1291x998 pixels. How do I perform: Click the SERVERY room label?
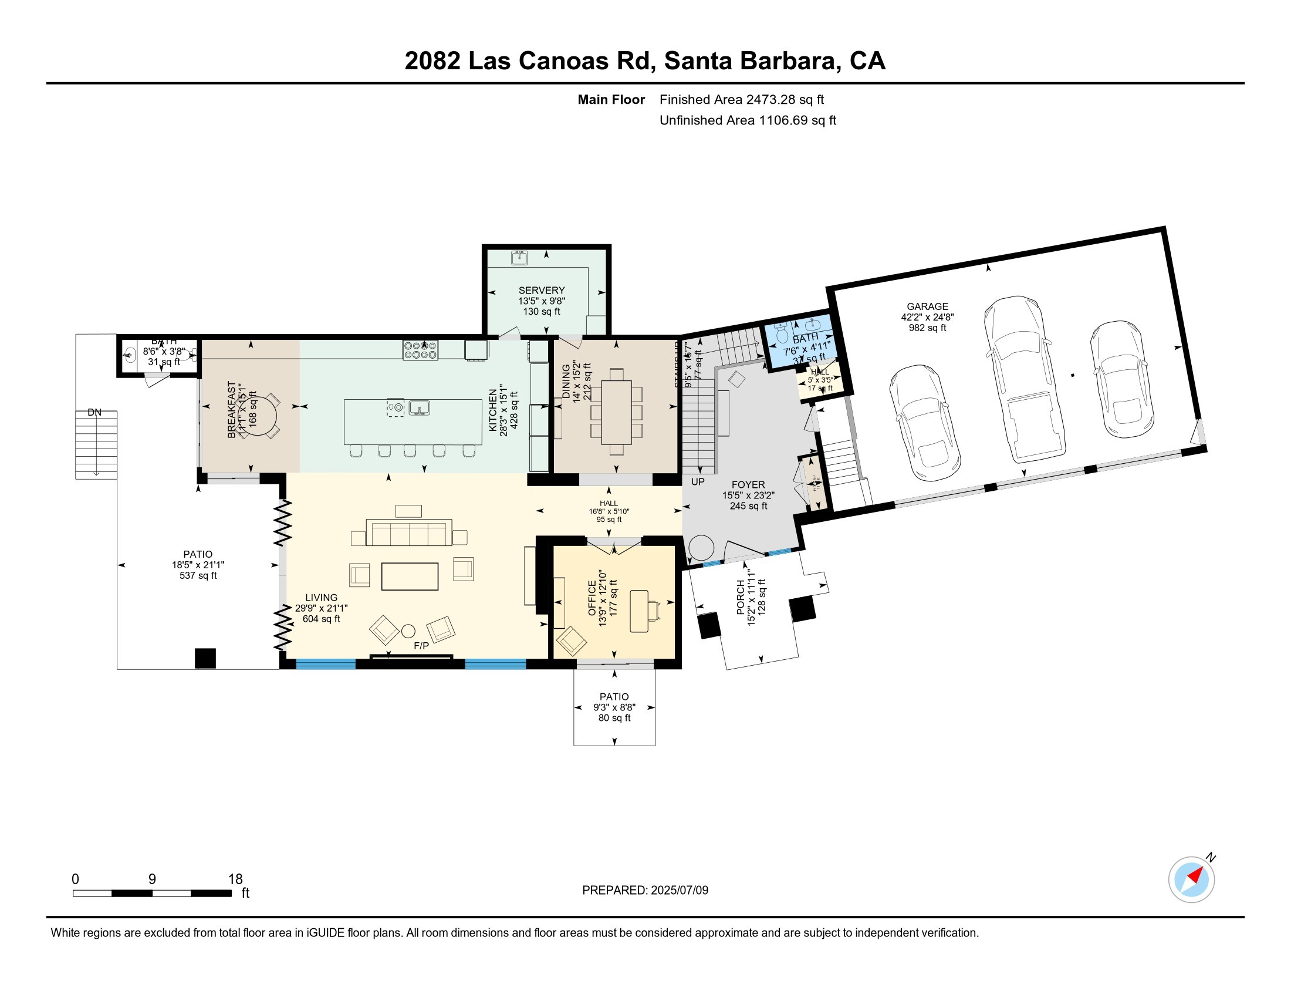point(542,290)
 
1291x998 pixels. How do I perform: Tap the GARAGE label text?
point(927,306)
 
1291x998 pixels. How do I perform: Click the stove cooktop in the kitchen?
point(420,350)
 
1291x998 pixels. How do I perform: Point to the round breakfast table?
point(258,416)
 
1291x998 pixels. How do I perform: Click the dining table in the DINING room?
point(617,412)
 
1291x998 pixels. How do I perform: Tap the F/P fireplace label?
point(421,646)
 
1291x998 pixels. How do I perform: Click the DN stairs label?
point(94,412)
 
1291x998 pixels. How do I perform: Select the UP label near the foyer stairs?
point(698,481)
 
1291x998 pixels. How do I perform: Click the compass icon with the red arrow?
point(1191,879)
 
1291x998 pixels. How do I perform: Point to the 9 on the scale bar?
point(152,879)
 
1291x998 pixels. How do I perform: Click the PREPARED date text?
point(645,890)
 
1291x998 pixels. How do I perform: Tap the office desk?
point(639,611)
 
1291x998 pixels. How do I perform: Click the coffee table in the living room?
point(410,576)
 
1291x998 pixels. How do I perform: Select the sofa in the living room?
point(409,532)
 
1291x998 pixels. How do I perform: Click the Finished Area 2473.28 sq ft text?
point(741,99)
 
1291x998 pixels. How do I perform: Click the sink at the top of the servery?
point(519,257)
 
